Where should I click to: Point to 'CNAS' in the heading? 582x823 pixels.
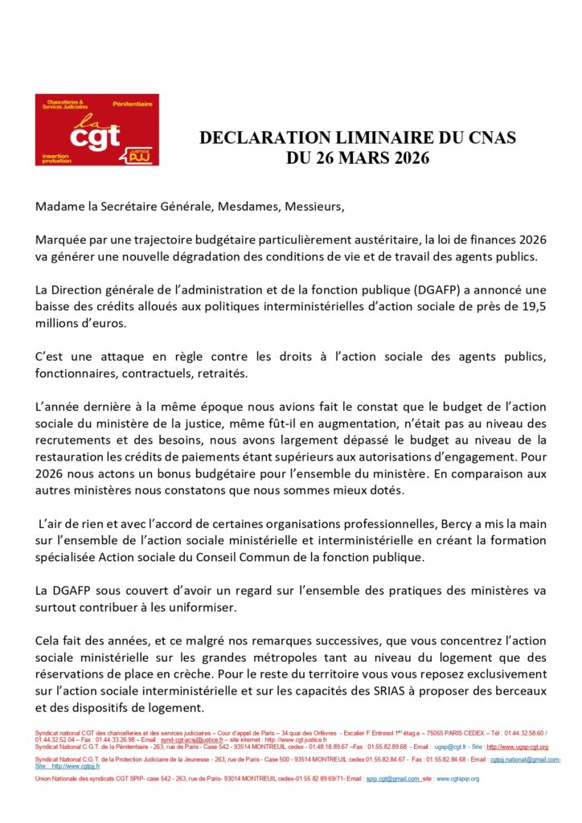(x=491, y=138)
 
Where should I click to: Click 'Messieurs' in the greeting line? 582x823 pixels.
(x=314, y=207)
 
